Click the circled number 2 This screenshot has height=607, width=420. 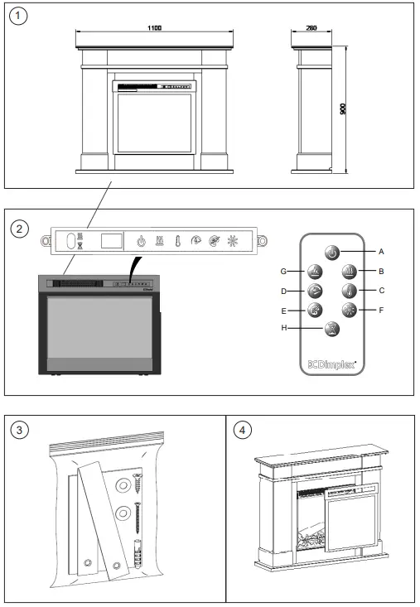pos(22,226)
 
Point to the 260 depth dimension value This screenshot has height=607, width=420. pos(311,28)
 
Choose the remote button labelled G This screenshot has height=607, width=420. pos(315,270)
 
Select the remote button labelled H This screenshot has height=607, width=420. pos(331,329)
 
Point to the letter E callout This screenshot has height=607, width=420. pos(283,311)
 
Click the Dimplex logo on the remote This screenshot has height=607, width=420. pos(331,363)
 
